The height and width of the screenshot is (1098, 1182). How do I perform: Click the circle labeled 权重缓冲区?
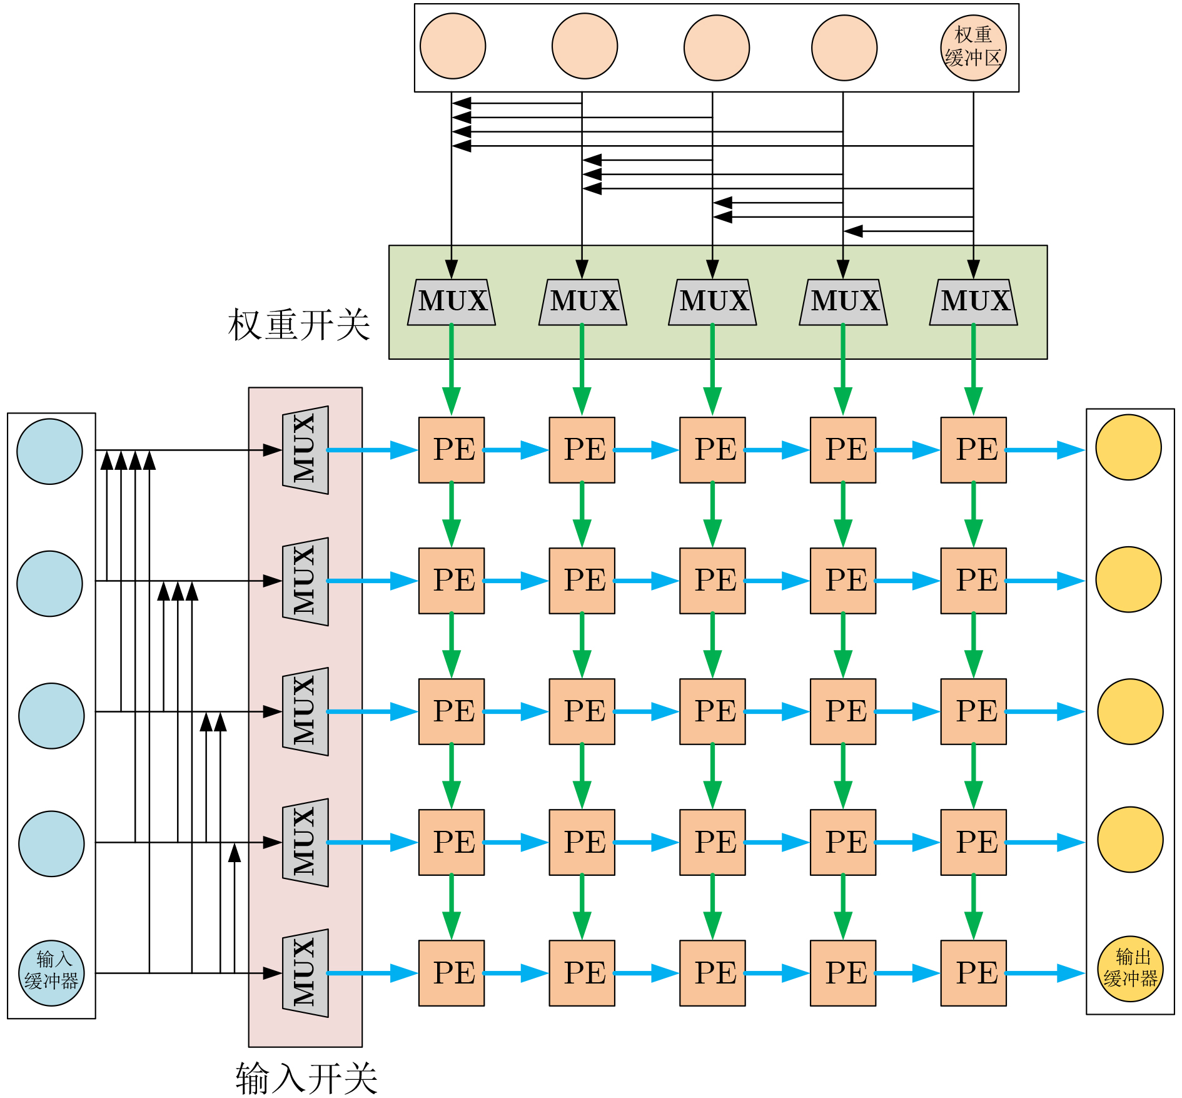[973, 48]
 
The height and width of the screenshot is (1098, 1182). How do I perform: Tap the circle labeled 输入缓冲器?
[51, 973]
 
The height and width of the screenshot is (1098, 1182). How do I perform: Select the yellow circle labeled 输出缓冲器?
[1130, 968]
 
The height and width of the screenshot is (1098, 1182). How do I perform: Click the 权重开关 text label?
[299, 325]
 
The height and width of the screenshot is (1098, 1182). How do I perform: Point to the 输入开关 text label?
[306, 1078]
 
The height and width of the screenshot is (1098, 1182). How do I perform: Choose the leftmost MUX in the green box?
[452, 302]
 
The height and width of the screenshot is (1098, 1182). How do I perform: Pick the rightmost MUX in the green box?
[974, 302]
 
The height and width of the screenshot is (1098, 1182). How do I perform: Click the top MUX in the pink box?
[305, 450]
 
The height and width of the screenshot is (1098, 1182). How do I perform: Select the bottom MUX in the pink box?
[305, 973]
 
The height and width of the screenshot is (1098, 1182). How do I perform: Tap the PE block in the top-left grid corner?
[452, 450]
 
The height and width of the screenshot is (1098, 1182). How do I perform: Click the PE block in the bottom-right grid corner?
[974, 973]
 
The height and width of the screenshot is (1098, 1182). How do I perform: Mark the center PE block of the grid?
[712, 711]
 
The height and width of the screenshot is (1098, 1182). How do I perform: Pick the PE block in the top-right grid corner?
[974, 450]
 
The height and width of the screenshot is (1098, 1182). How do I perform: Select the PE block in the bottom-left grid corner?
[452, 973]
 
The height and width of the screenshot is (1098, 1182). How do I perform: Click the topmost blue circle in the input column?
[49, 451]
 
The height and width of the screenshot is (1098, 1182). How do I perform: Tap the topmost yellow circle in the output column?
[1128, 447]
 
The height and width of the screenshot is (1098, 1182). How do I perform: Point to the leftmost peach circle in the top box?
[453, 46]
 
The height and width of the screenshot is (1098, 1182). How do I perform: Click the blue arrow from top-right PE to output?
[1044, 450]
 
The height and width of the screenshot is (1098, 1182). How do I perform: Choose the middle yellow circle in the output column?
[1130, 711]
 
